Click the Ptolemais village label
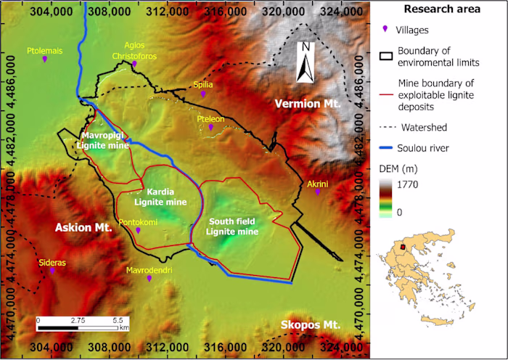[x=45, y=51]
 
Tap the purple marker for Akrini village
[x=317, y=192]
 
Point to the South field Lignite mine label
[x=232, y=226]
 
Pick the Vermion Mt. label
[x=308, y=105]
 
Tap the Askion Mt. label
[x=83, y=228]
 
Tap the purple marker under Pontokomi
[x=138, y=230]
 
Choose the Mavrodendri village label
[x=148, y=269]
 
